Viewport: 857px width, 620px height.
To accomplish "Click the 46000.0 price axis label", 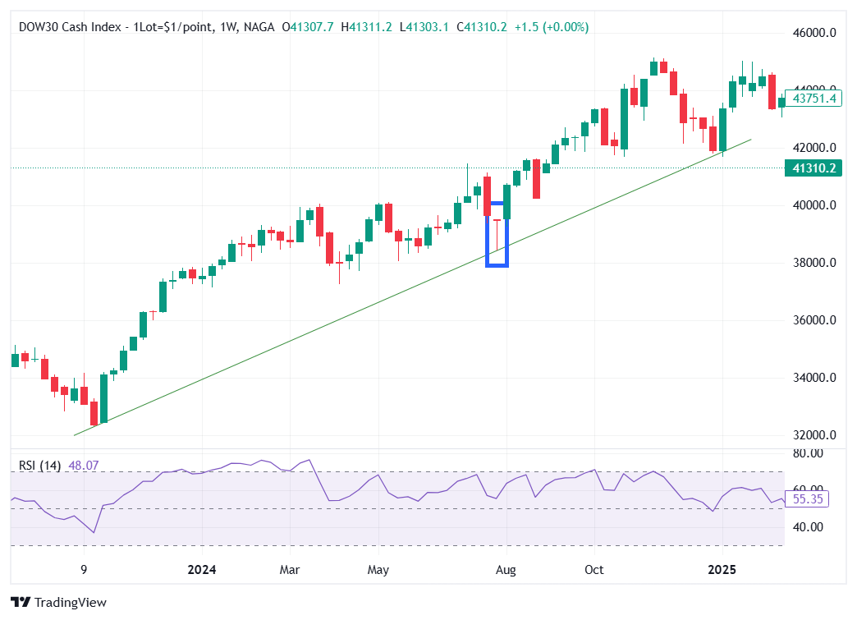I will point(813,33).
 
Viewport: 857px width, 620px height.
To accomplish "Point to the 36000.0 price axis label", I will point(813,320).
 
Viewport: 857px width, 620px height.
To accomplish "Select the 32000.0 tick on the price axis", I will point(813,435).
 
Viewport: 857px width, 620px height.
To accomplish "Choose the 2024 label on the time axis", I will point(201,570).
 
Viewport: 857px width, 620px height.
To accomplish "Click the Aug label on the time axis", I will point(507,570).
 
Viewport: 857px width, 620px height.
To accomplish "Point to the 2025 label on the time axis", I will point(722,570).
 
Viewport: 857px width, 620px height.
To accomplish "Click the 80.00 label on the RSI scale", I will point(809,453).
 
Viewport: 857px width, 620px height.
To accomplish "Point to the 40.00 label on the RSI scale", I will point(809,527).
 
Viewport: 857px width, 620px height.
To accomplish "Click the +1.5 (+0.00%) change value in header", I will point(552,27).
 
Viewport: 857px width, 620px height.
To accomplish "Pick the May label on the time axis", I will point(378,570).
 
